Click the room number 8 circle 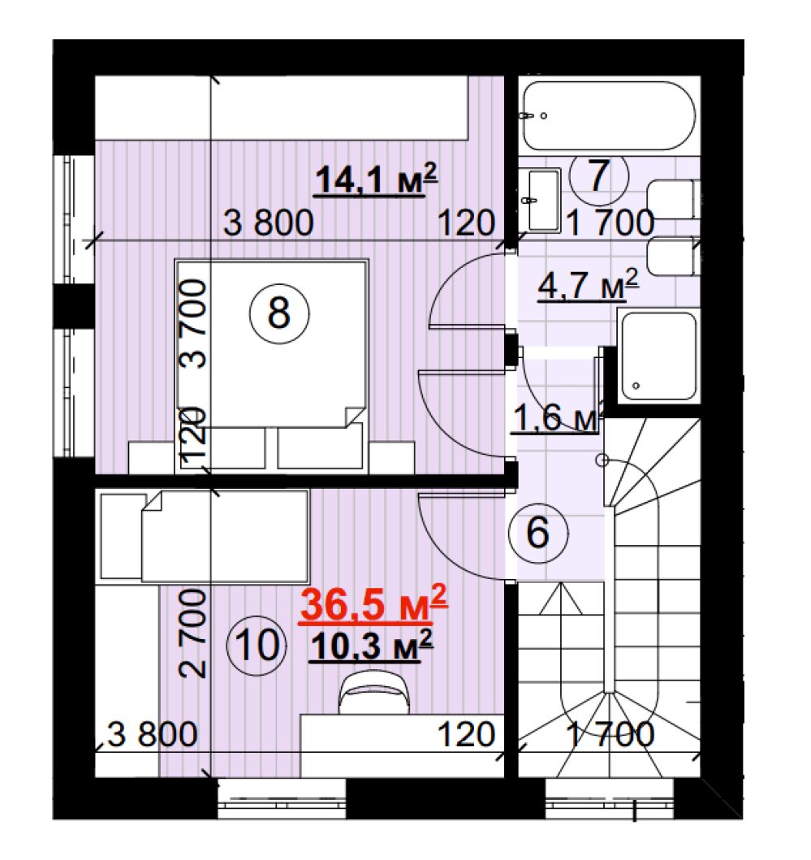coord(279,313)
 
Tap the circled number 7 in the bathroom coord(599,175)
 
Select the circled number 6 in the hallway coord(538,532)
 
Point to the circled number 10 coord(257,646)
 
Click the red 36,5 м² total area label coord(373,604)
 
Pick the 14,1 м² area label coord(376,179)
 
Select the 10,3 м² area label coord(371,646)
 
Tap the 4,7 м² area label coord(588,285)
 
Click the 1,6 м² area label coord(557,417)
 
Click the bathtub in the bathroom coord(609,116)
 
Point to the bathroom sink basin coord(540,201)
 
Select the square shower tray coord(658,356)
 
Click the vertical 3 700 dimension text coord(193,323)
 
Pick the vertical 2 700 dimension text coord(193,633)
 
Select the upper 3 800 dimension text coord(268,223)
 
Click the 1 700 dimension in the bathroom coord(610,223)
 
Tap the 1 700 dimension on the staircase coord(610,734)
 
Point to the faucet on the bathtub coord(526,116)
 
